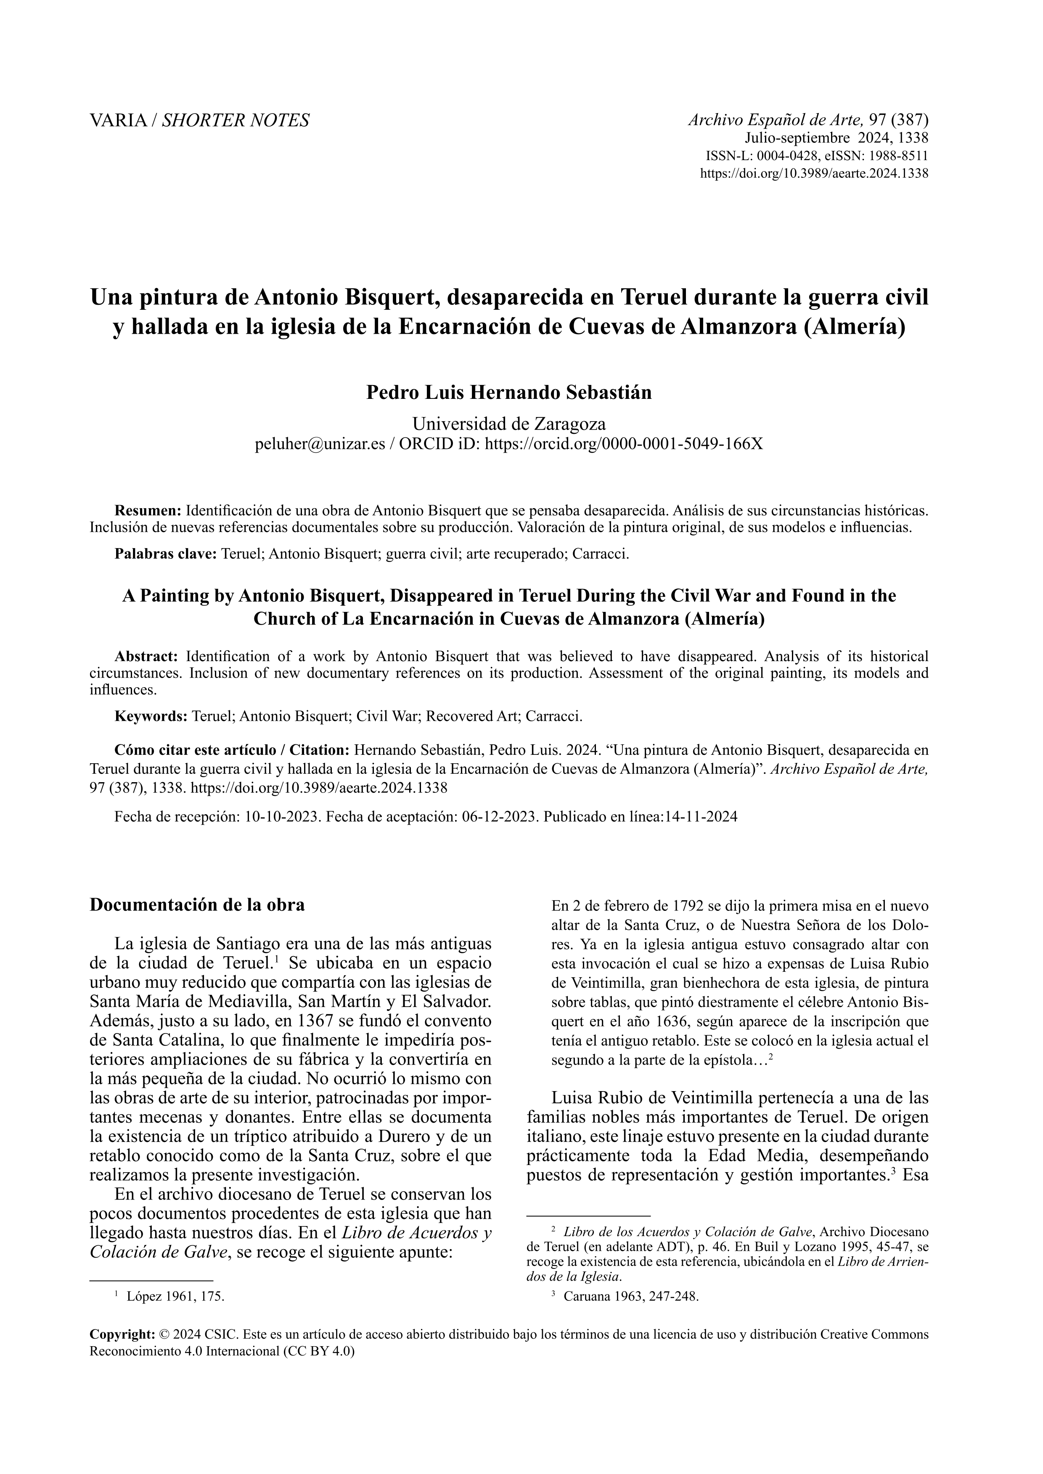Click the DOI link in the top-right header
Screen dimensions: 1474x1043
point(813,173)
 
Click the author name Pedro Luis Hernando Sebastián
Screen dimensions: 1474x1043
point(508,392)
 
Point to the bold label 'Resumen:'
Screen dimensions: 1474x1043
point(148,511)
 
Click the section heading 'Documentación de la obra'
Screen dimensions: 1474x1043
point(197,905)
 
